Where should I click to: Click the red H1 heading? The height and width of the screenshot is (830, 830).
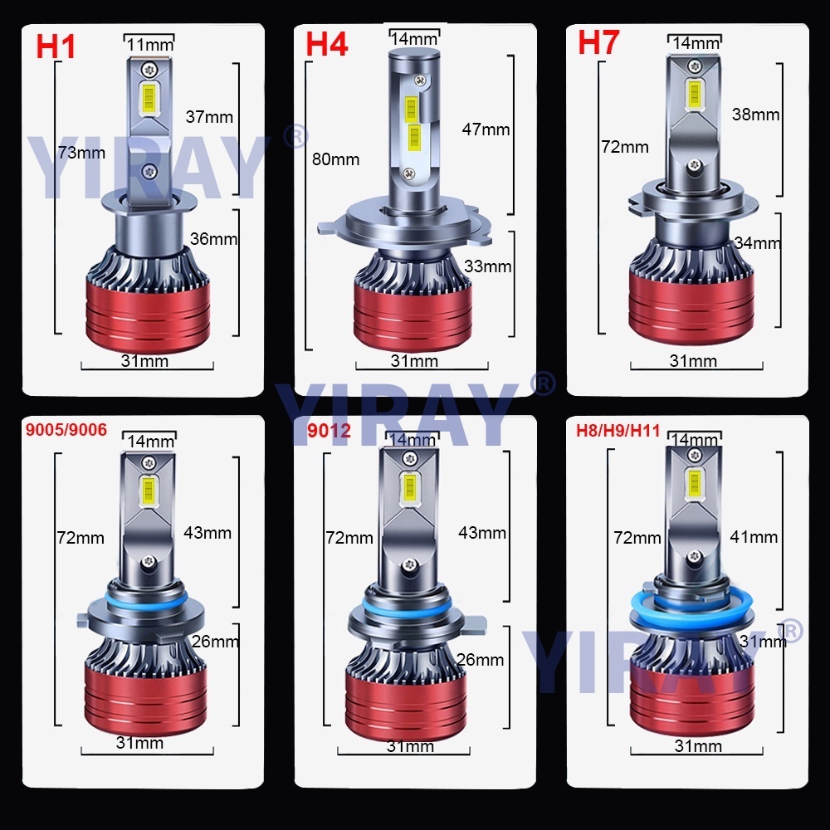pyautogui.click(x=56, y=46)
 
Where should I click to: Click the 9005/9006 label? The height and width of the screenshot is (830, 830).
pyautogui.click(x=66, y=429)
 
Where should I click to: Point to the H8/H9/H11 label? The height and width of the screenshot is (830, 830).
pyautogui.click(x=618, y=430)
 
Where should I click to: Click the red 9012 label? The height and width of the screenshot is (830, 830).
pyautogui.click(x=329, y=430)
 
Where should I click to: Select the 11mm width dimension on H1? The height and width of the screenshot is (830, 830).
pyautogui.click(x=150, y=45)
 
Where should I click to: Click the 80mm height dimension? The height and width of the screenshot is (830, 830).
pyautogui.click(x=335, y=159)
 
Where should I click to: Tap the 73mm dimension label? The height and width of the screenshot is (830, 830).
pyautogui.click(x=81, y=153)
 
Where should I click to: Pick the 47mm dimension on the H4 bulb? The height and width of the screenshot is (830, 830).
pyautogui.click(x=486, y=129)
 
